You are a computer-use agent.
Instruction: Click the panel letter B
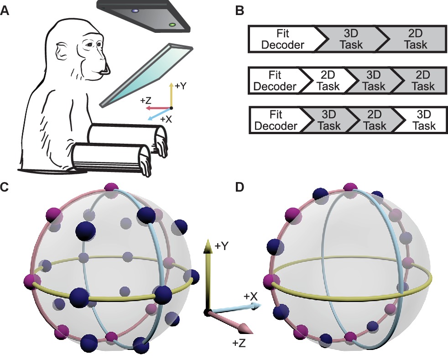[x=239, y=11]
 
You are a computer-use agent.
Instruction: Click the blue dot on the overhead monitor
[x=135, y=10]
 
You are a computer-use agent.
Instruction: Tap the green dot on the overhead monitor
[x=172, y=25]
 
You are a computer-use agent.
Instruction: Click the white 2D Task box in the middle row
[x=323, y=81]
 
